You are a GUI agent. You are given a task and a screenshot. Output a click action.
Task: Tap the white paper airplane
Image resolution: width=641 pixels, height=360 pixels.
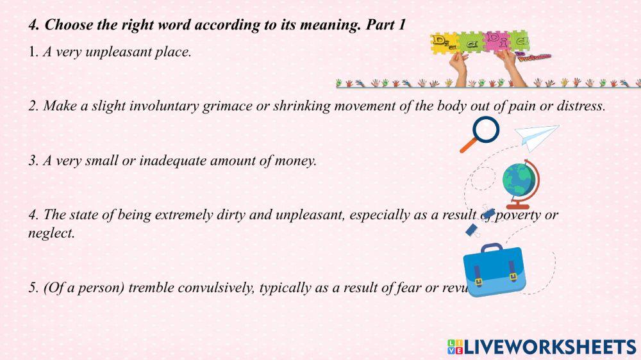(x=537, y=135)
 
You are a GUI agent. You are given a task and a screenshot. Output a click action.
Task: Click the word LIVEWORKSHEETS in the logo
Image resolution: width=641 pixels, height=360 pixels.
(x=550, y=347)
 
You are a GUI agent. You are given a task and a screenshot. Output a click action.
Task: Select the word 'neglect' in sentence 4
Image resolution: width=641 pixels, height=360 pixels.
(x=51, y=233)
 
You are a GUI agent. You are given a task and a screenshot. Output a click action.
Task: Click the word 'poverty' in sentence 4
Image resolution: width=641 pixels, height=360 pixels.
(x=517, y=215)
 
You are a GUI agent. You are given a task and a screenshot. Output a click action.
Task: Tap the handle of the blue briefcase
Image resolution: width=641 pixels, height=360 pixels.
(x=492, y=248)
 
